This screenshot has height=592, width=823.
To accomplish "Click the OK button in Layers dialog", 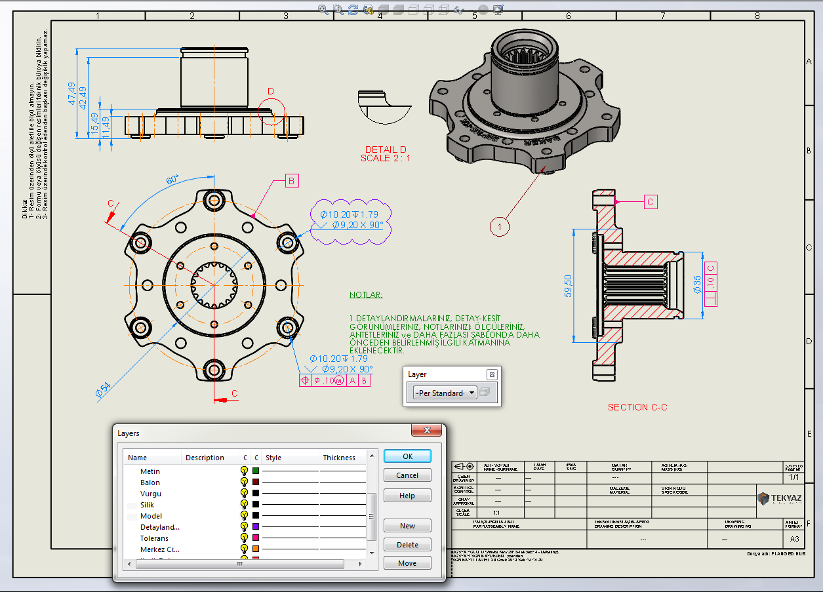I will pyautogui.click(x=407, y=456).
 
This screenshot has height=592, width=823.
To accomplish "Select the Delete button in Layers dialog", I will pyautogui.click(x=407, y=545).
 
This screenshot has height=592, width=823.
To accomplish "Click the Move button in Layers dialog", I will pyautogui.click(x=407, y=563).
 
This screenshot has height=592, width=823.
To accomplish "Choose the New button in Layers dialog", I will pyautogui.click(x=407, y=526).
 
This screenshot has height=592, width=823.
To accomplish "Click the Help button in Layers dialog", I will pyautogui.click(x=407, y=496).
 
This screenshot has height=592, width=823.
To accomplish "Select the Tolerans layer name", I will pyautogui.click(x=154, y=538).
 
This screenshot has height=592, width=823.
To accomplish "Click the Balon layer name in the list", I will pyautogui.click(x=150, y=483).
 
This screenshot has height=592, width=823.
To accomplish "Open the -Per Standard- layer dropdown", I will pyautogui.click(x=445, y=393).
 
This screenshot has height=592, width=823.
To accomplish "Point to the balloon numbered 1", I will pyautogui.click(x=499, y=227).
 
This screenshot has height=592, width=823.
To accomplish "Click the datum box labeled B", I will pyautogui.click(x=292, y=182).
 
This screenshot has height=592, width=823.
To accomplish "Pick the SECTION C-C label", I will pyautogui.click(x=637, y=407).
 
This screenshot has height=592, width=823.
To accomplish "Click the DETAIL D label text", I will pyautogui.click(x=386, y=149).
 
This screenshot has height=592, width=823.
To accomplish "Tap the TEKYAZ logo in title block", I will pyautogui.click(x=779, y=499).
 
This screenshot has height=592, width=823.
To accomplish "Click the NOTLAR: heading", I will pyautogui.click(x=366, y=295).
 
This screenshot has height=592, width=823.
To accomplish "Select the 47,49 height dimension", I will pyautogui.click(x=71, y=94).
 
